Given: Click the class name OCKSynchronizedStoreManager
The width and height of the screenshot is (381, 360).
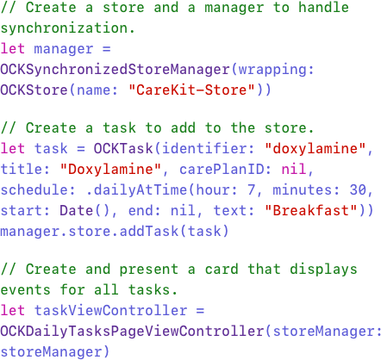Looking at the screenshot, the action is coord(115,70).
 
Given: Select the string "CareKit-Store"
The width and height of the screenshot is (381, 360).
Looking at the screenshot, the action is coord(191,90).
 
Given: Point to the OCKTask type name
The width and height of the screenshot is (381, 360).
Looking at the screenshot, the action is coord(123,149).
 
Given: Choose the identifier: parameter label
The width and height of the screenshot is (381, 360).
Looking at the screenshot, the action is coord(209,149).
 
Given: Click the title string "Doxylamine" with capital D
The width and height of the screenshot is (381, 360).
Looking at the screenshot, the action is coord(110,170).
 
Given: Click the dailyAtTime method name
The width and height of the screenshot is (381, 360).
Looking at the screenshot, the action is coord(141,190).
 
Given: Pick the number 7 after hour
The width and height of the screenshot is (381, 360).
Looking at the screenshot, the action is coord(251,190).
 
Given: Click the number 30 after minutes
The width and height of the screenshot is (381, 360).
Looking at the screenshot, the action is coord(358,190).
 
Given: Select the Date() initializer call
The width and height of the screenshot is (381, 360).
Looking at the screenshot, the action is coord(85,211).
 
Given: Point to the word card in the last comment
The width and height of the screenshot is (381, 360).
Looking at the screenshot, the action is coord(222,270).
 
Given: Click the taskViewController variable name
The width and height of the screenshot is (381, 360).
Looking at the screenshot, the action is coord(110,311).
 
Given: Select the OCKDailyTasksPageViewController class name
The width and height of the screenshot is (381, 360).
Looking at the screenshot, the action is coord(132,332).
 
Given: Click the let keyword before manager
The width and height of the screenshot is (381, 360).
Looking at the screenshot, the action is coord(12,49).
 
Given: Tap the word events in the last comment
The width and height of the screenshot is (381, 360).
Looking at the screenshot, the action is coord(25,290).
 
